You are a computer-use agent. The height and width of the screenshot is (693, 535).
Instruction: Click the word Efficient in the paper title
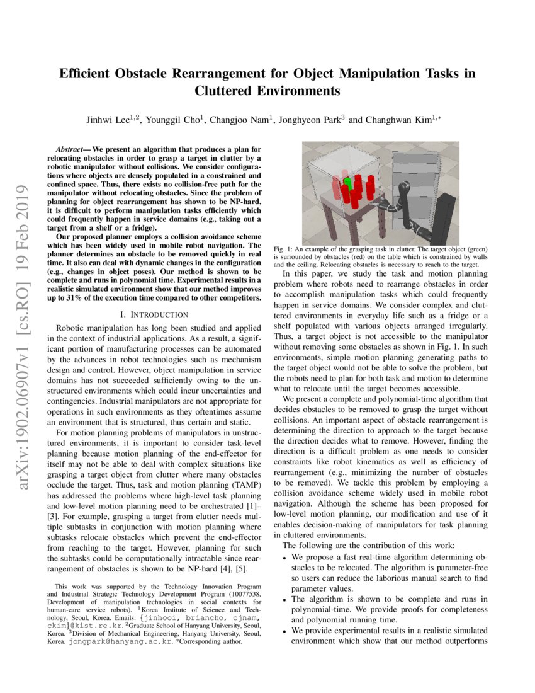(x=84, y=74)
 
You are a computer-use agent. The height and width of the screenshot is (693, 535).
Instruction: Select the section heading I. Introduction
(x=154, y=314)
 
